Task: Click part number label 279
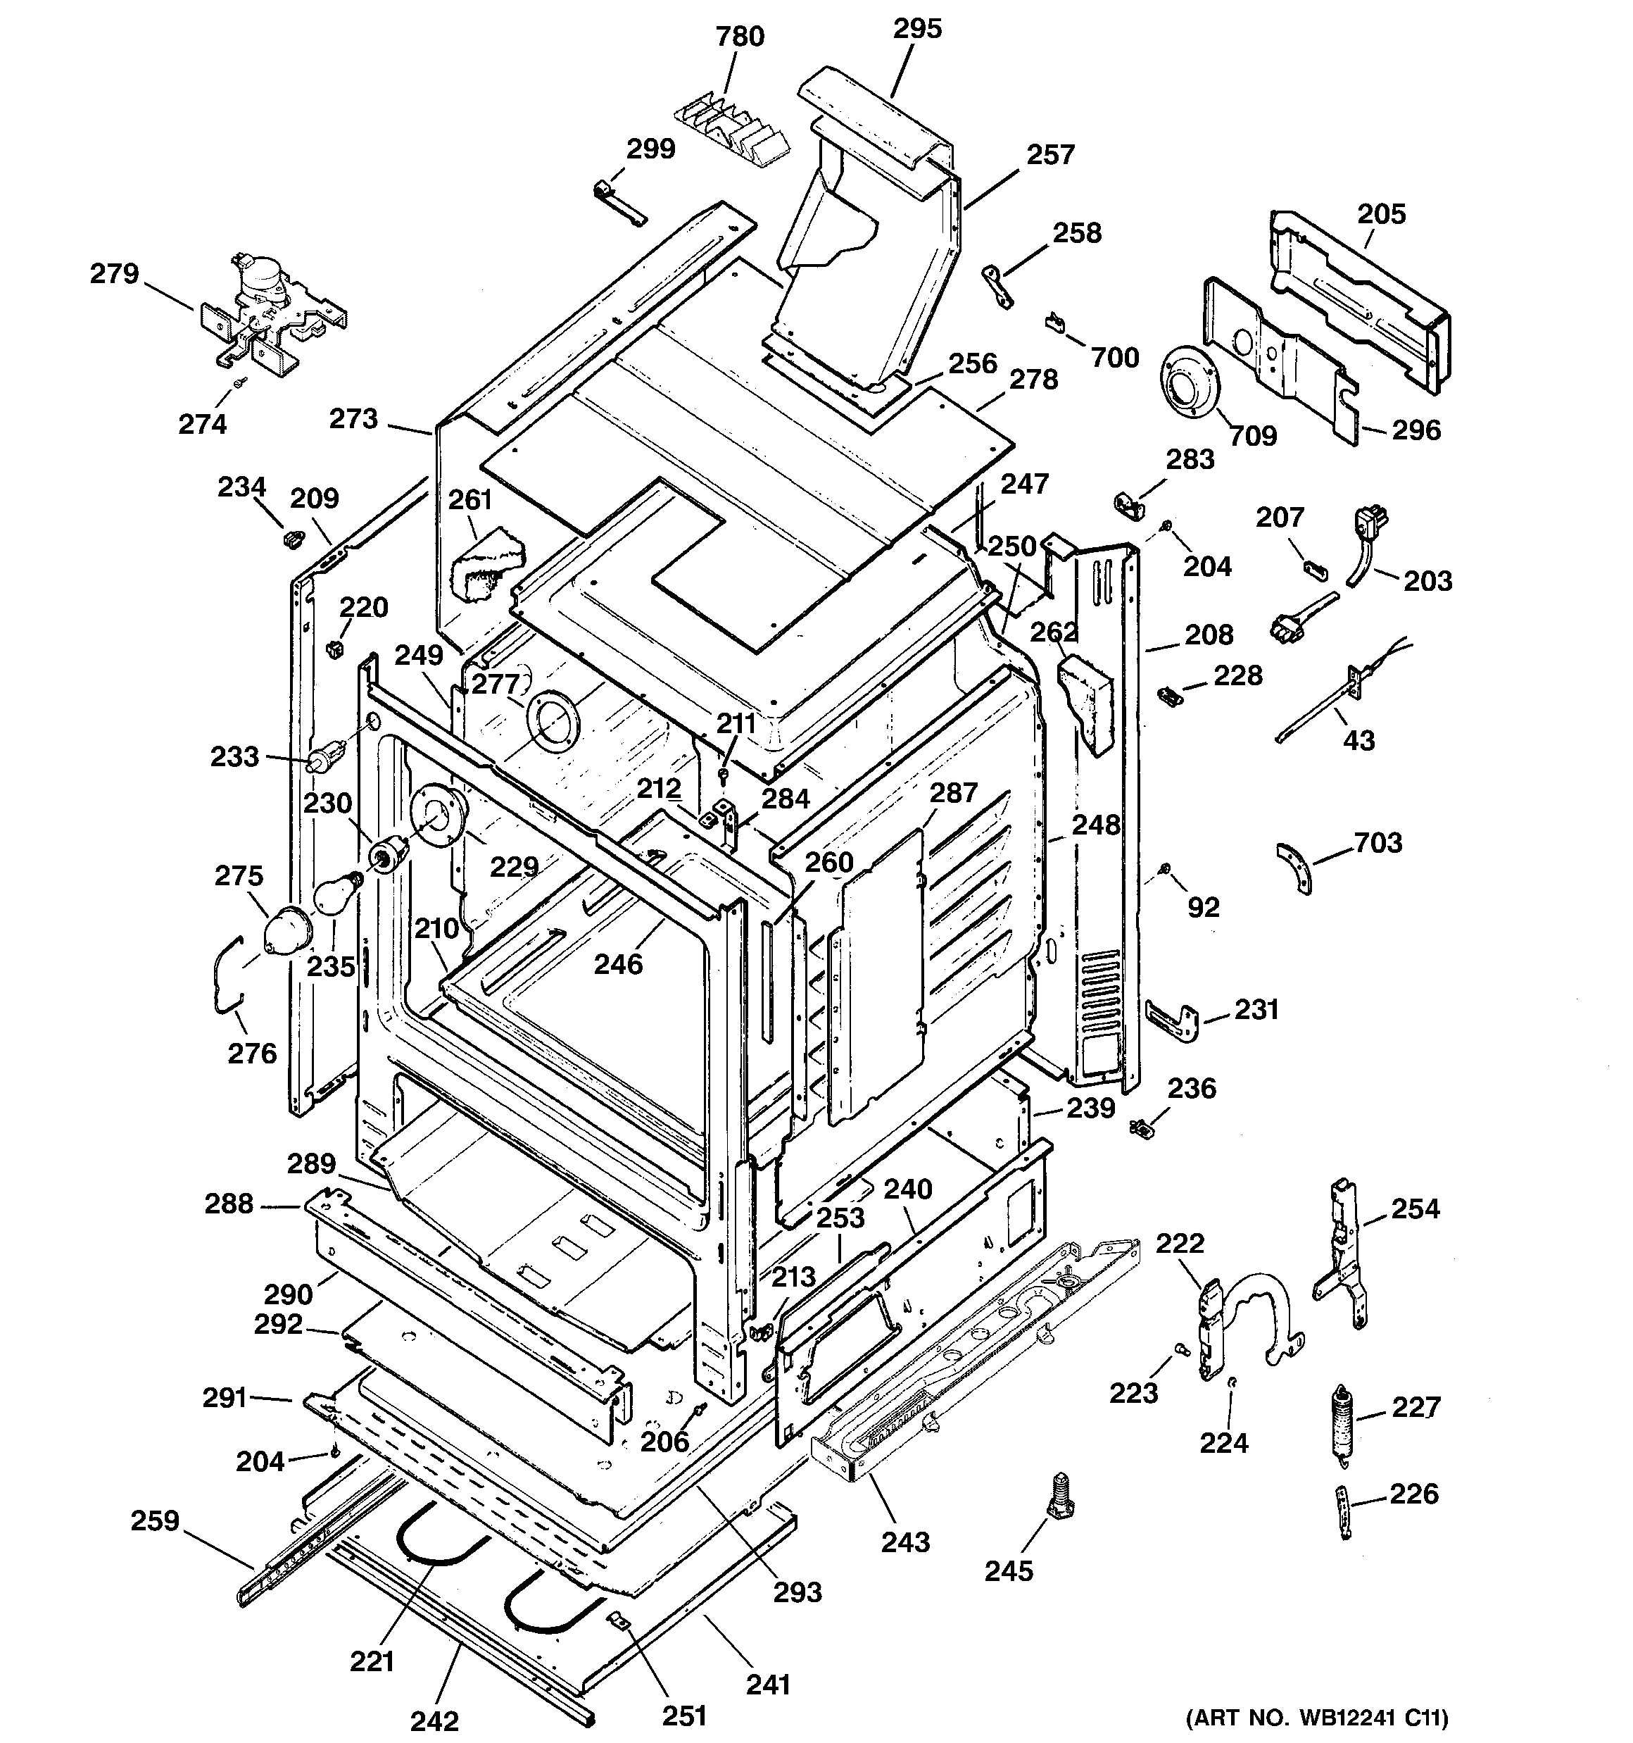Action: pyautogui.click(x=115, y=275)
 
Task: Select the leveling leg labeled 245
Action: pyautogui.click(x=1061, y=1497)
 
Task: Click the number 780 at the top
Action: pyautogui.click(x=740, y=37)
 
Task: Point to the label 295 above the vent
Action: pyautogui.click(x=917, y=29)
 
